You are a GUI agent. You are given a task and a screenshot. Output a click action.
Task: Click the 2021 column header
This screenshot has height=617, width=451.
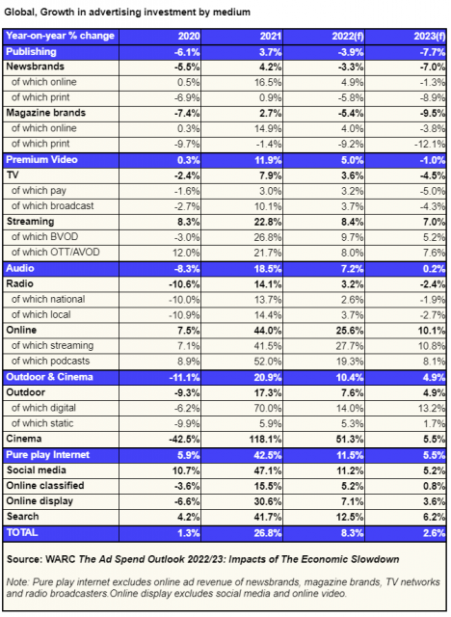click(271, 37)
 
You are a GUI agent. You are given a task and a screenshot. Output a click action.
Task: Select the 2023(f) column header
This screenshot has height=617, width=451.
click(430, 37)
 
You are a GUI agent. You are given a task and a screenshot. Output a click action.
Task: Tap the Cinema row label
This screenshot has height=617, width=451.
click(24, 439)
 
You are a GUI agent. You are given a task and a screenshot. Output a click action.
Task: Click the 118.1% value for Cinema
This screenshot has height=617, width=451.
click(265, 440)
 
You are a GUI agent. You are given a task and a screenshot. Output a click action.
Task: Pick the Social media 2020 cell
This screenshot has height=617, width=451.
click(186, 470)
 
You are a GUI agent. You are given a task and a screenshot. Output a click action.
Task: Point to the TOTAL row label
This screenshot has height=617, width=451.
click(22, 533)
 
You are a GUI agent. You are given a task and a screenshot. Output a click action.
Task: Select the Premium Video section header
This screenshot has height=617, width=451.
click(41, 160)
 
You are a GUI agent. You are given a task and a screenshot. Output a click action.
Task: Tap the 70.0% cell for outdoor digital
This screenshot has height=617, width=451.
click(268, 408)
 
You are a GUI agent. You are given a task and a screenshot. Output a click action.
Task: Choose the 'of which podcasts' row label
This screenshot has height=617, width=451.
click(51, 361)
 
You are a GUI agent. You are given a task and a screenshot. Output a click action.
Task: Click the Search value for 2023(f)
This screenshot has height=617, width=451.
click(434, 517)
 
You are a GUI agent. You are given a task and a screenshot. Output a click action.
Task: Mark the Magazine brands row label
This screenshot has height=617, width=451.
click(45, 113)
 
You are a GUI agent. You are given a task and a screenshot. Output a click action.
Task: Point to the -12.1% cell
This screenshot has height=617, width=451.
click(430, 144)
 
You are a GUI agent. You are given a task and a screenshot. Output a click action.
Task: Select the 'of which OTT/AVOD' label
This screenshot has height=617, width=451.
click(56, 253)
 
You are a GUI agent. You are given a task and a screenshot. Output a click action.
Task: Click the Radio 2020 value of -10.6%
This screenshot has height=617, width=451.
click(184, 284)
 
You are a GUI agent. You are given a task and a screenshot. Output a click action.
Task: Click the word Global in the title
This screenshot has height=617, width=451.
click(19, 13)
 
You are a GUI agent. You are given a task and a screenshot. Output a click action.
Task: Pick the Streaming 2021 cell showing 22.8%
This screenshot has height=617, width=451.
click(268, 222)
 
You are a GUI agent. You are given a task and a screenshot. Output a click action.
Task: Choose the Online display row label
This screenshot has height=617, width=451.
click(40, 501)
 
